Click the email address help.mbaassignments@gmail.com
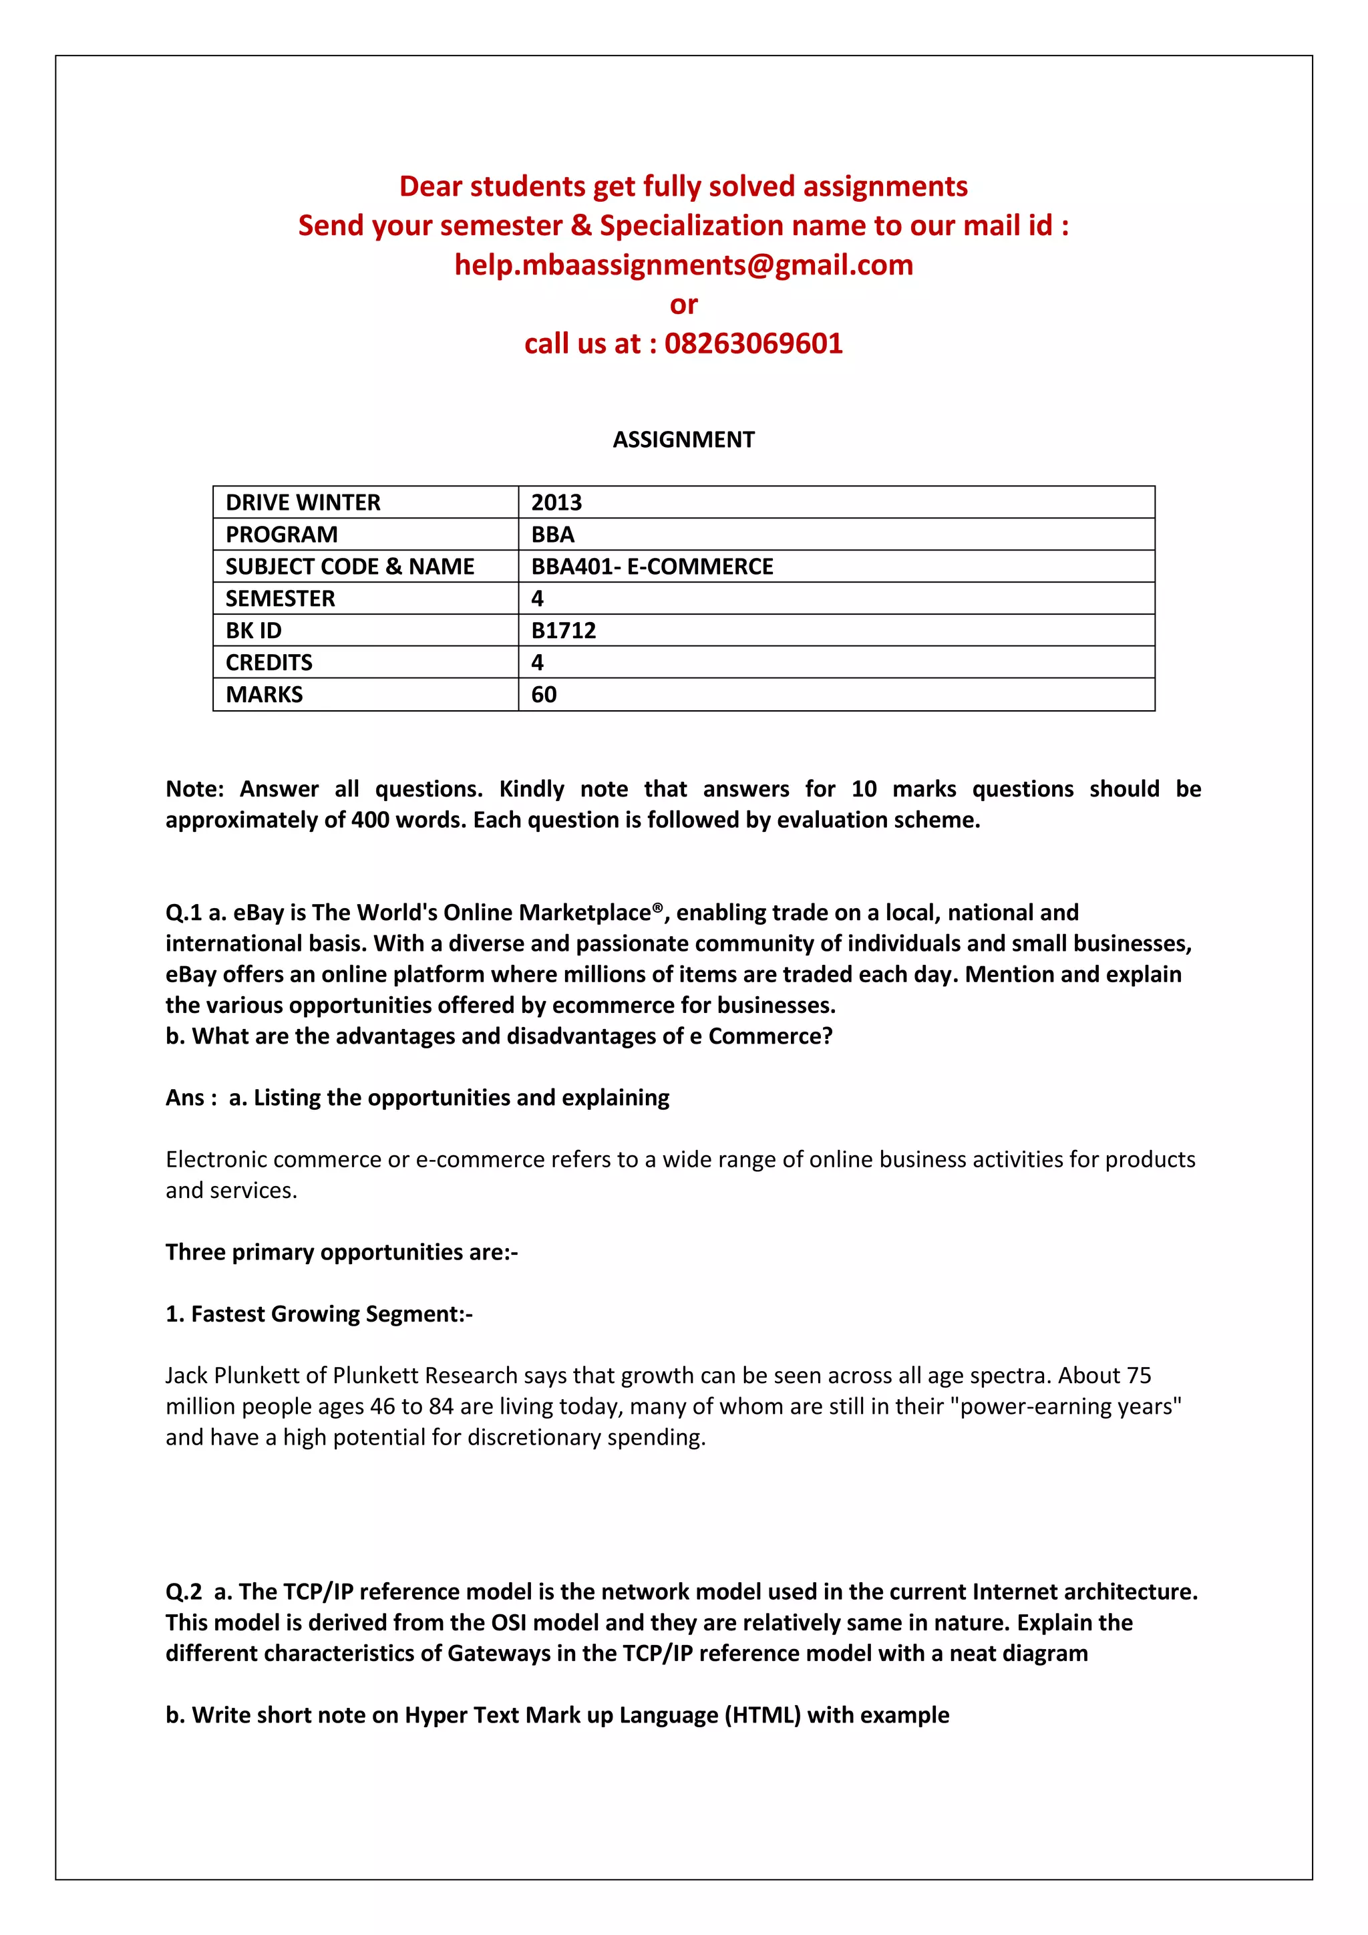[x=683, y=265]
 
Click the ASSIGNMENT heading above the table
[x=683, y=440]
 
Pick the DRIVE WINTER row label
[x=303, y=503]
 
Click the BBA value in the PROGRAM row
[x=552, y=535]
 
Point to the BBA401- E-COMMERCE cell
[x=652, y=567]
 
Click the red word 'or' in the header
[x=683, y=304]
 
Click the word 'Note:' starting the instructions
[x=194, y=790]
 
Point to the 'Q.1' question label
[x=184, y=913]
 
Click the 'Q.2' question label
[x=184, y=1592]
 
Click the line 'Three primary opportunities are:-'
[x=341, y=1252]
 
